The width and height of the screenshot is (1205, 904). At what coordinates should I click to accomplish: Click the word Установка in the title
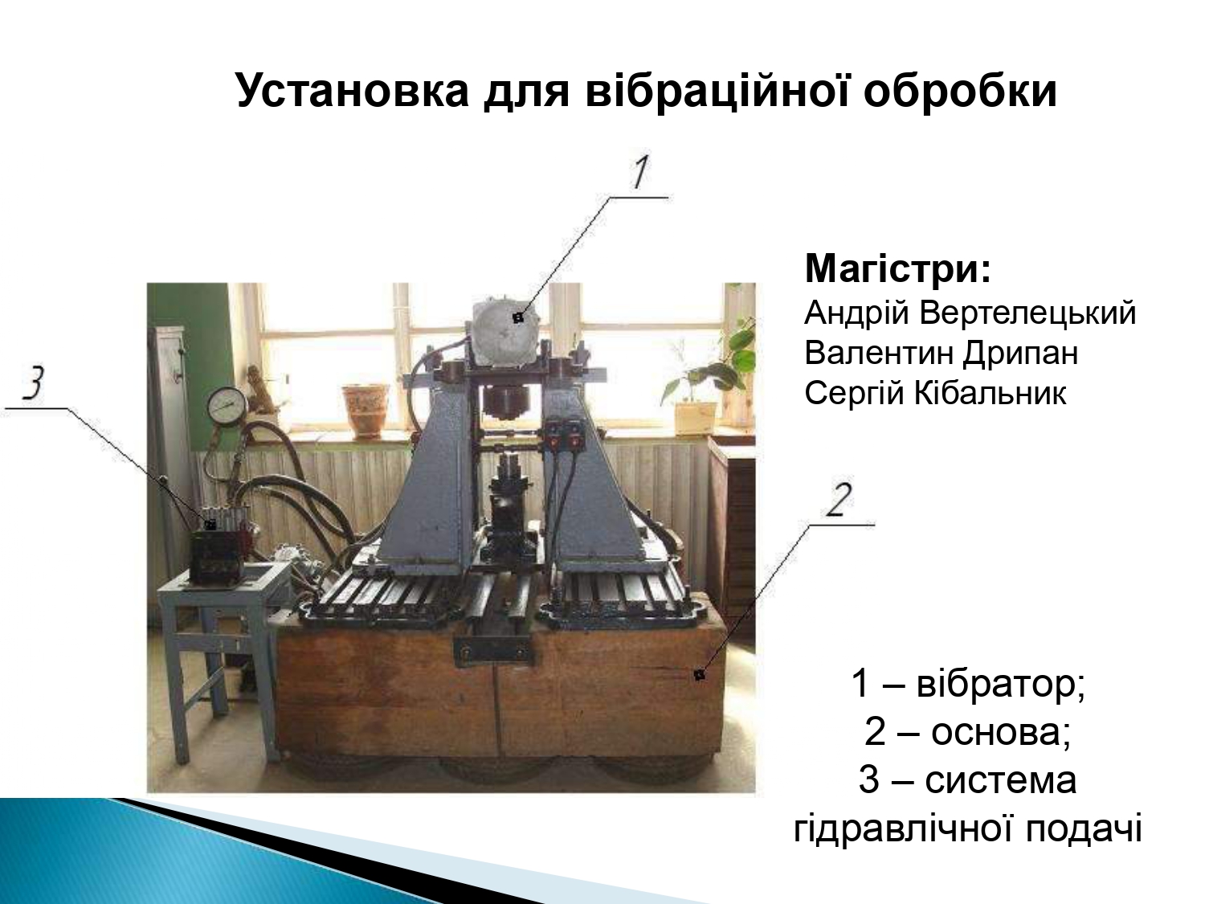(353, 91)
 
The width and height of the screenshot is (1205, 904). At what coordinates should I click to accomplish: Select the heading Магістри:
(898, 268)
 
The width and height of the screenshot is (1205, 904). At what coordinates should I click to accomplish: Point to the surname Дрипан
(1020, 353)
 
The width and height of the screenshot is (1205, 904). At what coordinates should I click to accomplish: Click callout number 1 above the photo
(639, 171)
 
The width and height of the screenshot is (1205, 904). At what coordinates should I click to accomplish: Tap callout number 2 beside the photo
(839, 499)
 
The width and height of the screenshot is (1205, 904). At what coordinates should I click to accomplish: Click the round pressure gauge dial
(227, 406)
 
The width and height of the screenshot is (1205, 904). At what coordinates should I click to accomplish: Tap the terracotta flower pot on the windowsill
(365, 410)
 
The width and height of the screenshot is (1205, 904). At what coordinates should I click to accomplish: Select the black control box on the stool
(216, 556)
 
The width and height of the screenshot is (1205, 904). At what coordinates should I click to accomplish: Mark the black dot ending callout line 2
(699, 674)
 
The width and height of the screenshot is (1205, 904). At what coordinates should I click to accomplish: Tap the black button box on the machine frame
(565, 436)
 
